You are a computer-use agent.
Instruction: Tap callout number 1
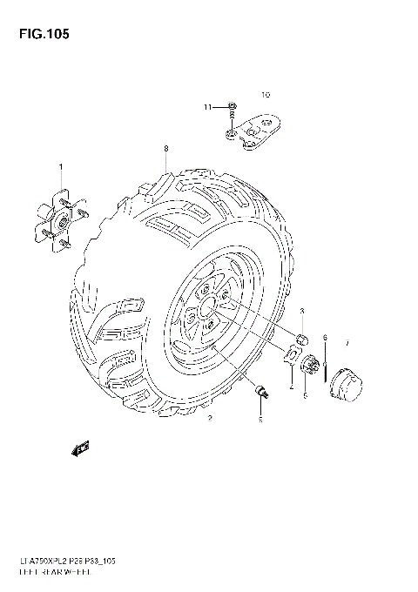tap(61, 167)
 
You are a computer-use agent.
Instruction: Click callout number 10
tap(266, 92)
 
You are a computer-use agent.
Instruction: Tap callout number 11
tap(208, 107)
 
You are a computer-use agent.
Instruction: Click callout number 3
tap(301, 311)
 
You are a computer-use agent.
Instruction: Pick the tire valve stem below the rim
tap(260, 393)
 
